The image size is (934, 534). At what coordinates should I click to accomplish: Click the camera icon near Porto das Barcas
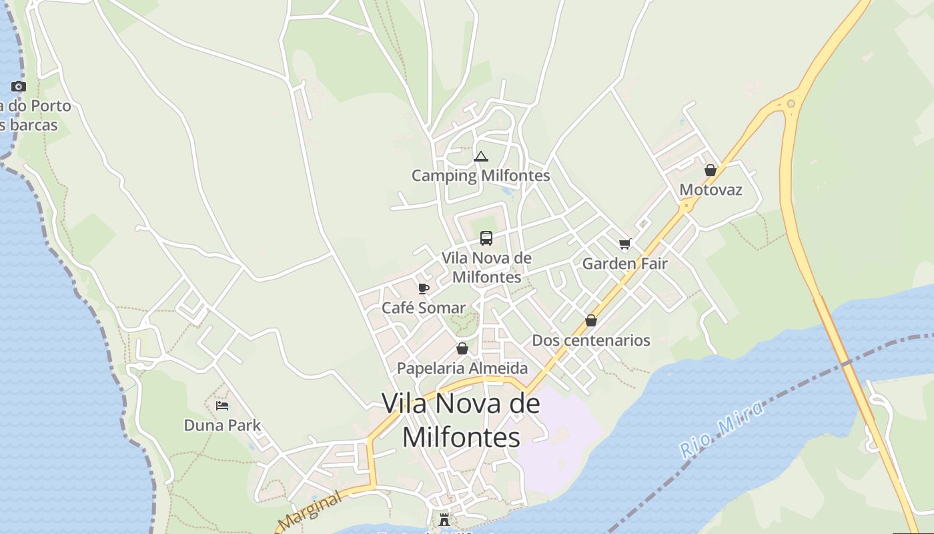click(x=19, y=86)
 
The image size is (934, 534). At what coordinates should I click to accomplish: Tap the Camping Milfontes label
click(x=480, y=176)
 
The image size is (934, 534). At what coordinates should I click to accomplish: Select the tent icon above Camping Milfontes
click(x=480, y=157)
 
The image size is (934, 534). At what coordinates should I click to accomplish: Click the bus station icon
click(x=486, y=238)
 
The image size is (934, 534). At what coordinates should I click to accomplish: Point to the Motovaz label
click(x=711, y=190)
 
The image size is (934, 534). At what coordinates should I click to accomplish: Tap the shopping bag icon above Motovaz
click(x=711, y=170)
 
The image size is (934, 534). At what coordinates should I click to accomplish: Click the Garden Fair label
click(x=624, y=264)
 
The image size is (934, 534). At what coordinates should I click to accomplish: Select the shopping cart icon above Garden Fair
click(x=624, y=244)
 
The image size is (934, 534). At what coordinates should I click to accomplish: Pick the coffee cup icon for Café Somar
click(x=423, y=288)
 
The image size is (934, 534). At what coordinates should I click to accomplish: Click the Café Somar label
click(x=423, y=308)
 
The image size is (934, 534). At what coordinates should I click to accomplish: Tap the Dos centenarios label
click(x=590, y=340)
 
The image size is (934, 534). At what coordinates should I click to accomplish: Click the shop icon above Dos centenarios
click(x=590, y=321)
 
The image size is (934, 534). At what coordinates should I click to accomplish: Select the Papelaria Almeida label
click(x=462, y=368)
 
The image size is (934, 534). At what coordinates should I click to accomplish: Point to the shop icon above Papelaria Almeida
click(x=462, y=348)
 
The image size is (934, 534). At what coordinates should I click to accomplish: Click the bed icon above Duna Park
click(x=222, y=406)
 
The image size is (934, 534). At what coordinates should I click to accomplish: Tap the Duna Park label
click(x=222, y=425)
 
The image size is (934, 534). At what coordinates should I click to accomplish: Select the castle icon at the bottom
click(x=444, y=520)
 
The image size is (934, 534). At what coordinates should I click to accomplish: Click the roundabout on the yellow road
click(x=791, y=103)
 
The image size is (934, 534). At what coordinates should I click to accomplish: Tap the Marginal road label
click(x=311, y=511)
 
